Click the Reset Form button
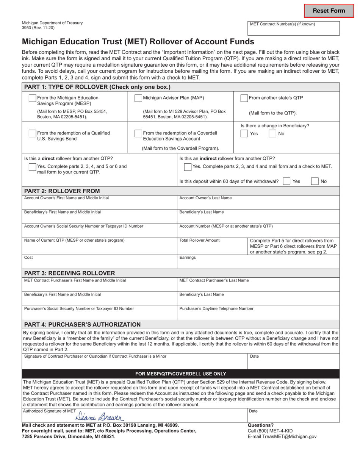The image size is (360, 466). point(329,11)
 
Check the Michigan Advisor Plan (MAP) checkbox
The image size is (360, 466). point(138,98)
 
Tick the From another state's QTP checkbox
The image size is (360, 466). point(244,98)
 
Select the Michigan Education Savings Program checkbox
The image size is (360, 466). point(33,98)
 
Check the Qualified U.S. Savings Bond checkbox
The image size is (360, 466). point(33,133)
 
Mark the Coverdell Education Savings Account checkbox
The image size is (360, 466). point(138,133)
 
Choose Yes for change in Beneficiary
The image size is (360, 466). point(244,133)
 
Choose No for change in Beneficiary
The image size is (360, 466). point(272,133)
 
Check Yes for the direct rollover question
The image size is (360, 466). point(33,167)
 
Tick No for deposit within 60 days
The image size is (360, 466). point(315,181)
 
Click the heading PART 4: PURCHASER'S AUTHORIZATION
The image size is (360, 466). point(82,325)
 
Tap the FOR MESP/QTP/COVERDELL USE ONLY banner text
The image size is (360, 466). point(181,374)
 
